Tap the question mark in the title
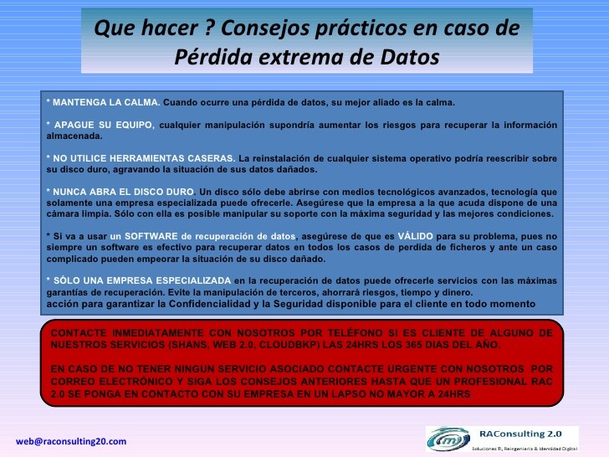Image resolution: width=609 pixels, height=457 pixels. point(209,28)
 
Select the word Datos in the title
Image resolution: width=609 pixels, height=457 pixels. point(409,57)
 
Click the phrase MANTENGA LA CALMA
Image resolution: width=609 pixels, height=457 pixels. point(106,103)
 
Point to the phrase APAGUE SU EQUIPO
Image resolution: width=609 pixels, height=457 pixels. point(104,125)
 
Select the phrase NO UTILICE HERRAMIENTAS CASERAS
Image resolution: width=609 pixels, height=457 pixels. point(144,158)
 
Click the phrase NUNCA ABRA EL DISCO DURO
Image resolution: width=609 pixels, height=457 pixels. point(123,192)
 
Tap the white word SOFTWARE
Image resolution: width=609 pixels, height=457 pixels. point(151,236)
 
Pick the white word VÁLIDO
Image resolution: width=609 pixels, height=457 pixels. point(415,236)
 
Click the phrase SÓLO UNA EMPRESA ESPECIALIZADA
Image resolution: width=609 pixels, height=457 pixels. point(141,280)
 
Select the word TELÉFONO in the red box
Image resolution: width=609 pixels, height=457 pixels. point(355,332)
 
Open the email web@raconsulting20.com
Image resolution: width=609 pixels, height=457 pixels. point(71,441)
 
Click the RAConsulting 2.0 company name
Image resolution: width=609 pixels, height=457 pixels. point(520,434)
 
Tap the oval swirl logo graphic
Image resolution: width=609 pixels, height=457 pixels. point(448,439)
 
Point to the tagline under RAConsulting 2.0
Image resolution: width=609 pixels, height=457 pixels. point(525,449)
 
